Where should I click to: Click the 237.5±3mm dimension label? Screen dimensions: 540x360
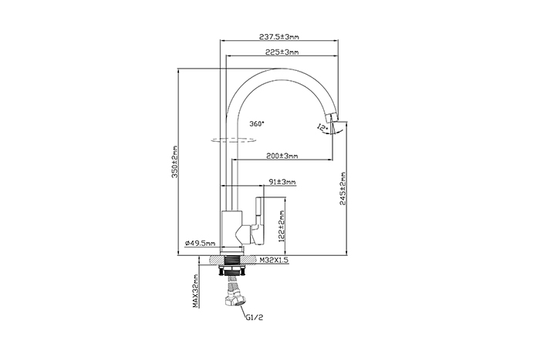coord(279,36)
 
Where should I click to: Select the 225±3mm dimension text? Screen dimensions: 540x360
coord(282,52)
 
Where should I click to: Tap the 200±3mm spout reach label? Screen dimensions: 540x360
coord(282,156)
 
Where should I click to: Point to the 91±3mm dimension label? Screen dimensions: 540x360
coord(282,182)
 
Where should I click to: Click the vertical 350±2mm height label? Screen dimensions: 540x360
coord(175,162)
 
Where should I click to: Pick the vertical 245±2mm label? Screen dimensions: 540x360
coord(343,189)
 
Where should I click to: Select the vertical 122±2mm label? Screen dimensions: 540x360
coord(282,227)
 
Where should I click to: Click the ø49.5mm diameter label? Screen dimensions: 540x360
coord(200,243)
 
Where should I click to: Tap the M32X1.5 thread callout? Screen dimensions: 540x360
coord(274,261)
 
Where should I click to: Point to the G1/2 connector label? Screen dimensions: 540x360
coord(255,318)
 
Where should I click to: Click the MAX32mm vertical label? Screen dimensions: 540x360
coord(195,291)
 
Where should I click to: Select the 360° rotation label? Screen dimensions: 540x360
coord(257,123)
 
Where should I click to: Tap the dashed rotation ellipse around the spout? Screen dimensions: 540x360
coord(233,142)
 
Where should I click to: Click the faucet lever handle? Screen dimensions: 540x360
coord(258,220)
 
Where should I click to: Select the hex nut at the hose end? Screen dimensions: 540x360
coord(235,300)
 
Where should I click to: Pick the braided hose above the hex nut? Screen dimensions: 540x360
coord(234,285)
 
